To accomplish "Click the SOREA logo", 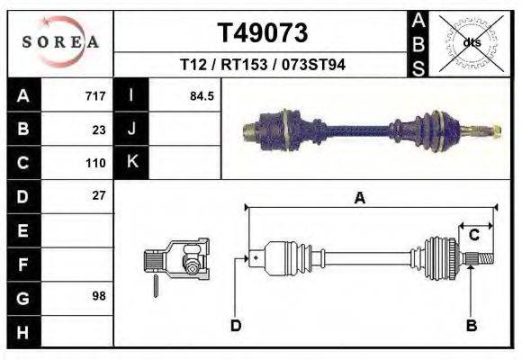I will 60,41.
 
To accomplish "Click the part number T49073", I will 263,33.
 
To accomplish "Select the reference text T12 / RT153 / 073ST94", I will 263,65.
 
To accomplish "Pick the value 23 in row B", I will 99,130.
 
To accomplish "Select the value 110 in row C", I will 95,163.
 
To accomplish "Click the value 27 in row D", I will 99,195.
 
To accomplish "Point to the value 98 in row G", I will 99,296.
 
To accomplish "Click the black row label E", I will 22,230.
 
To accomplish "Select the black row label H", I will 22,331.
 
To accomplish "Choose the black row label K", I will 131,163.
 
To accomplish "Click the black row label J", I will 131,130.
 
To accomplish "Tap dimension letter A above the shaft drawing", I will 359,199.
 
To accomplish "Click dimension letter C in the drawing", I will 473,236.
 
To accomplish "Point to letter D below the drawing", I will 236,326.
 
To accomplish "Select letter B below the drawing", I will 471,326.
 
